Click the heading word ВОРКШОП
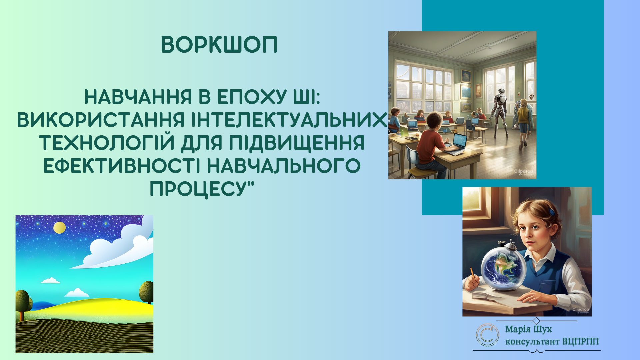pyautogui.click(x=219, y=45)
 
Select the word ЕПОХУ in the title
pyautogui.click(x=252, y=97)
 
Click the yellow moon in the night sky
pyautogui.click(x=60, y=228)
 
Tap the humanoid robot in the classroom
pyautogui.click(x=500, y=112)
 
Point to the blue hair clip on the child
pyautogui.click(x=552, y=211)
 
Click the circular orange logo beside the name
pyautogui.click(x=487, y=335)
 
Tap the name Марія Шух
pyautogui.click(x=528, y=329)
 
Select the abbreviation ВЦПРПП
pyautogui.click(x=580, y=342)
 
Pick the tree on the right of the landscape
pyautogui.click(x=146, y=292)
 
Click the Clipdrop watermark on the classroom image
pyautogui.click(x=523, y=172)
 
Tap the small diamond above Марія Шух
pyautogui.click(x=536, y=321)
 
